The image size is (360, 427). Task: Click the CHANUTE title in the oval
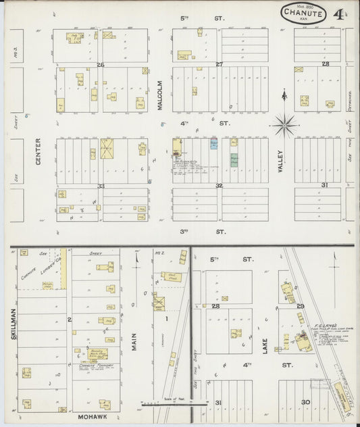[303, 11]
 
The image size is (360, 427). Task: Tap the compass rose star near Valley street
[285, 124]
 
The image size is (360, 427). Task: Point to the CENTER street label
[38, 151]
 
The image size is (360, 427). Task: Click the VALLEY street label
[280, 161]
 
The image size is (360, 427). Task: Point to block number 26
[101, 65]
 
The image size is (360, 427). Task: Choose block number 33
[101, 186]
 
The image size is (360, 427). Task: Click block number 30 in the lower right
[305, 403]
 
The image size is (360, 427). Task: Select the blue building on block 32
[214, 145]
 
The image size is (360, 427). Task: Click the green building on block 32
[234, 160]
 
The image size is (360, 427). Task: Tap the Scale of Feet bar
[166, 403]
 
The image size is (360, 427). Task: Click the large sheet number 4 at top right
[336, 11]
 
